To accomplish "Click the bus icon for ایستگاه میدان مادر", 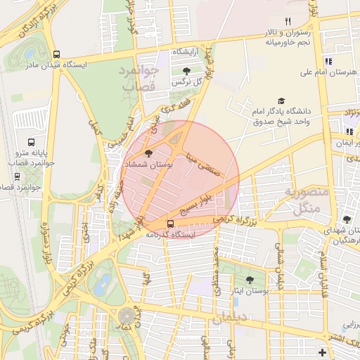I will [56, 54].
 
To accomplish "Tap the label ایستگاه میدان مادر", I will [56, 65].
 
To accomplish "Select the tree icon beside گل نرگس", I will [186, 71].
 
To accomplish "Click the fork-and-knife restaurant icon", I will [288, 22].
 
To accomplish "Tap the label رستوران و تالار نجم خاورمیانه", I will [286, 38].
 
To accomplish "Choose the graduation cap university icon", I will [282, 101].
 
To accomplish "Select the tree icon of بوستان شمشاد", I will [148, 152].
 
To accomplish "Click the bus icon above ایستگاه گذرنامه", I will [170, 225].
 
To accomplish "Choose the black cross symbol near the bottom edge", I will [322, 352].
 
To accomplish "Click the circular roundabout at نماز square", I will [127, 316].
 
